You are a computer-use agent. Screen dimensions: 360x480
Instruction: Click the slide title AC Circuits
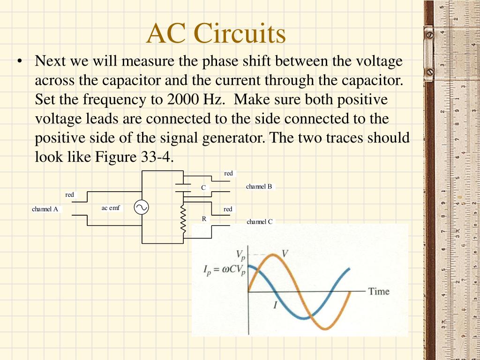216,34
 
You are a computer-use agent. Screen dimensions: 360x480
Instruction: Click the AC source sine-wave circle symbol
141,207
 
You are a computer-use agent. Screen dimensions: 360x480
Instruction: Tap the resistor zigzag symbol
183,220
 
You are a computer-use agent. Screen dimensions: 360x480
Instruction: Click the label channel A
45,209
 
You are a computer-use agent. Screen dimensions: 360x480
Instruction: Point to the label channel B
259,187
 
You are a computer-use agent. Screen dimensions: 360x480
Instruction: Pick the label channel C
260,222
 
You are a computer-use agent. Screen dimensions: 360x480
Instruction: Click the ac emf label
111,208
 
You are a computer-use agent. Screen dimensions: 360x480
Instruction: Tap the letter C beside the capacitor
203,187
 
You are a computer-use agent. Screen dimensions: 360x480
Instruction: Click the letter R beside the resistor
204,218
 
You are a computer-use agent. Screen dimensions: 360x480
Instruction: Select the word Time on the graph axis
379,291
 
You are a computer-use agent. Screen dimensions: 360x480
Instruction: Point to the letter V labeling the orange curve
285,254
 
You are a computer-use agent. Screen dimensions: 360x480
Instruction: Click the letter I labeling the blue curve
275,306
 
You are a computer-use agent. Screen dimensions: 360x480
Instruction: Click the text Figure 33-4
135,157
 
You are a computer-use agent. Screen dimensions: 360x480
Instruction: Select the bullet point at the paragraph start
19,62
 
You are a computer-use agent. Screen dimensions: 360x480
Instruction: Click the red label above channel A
69,195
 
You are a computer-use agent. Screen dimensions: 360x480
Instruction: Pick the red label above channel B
228,173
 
